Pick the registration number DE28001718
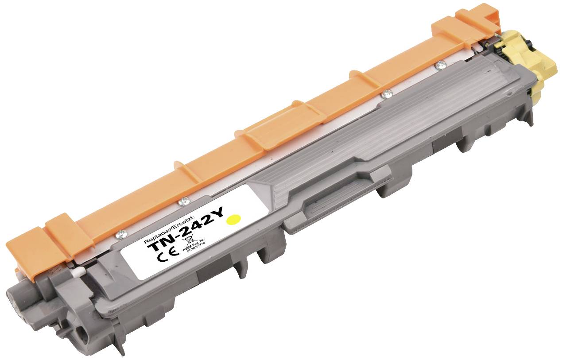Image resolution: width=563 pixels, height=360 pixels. click(200, 248)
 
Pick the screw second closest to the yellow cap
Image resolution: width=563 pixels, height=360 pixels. click(387, 93)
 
